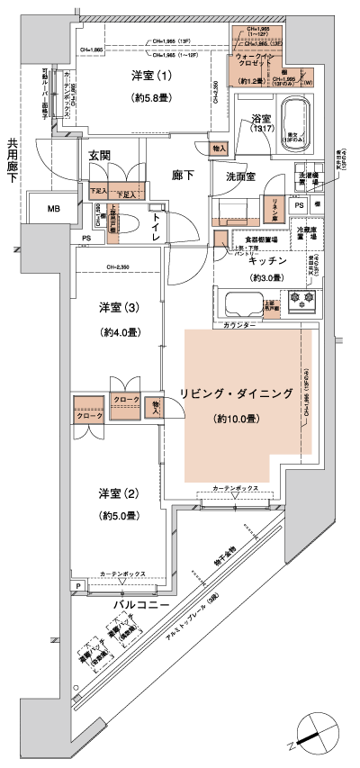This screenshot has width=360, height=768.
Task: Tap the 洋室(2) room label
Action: tap(118, 493)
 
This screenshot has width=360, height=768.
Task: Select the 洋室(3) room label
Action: tap(118, 309)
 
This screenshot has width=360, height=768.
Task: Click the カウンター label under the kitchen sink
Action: tap(237, 323)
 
